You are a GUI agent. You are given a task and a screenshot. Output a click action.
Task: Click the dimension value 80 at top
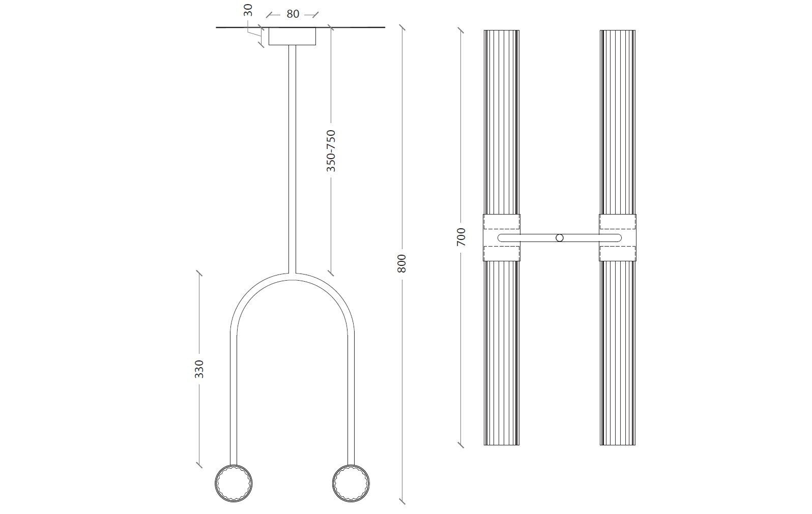click(x=293, y=14)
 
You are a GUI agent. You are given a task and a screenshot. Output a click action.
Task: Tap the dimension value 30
click(x=248, y=11)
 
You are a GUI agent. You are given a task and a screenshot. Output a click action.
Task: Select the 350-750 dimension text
click(x=331, y=151)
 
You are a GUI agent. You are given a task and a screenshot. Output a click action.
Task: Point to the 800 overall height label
click(x=401, y=263)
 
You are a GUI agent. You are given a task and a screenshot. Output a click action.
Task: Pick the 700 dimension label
click(x=461, y=237)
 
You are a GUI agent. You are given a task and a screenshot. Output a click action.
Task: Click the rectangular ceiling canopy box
click(x=292, y=36)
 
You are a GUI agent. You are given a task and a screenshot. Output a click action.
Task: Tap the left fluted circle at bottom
click(x=235, y=482)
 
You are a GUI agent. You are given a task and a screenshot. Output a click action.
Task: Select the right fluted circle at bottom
click(x=351, y=482)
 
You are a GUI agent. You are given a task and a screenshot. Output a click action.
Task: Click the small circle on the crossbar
click(x=560, y=238)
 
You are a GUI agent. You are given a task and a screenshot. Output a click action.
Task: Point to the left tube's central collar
click(x=501, y=237)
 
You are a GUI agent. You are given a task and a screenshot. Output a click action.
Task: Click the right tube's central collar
click(x=618, y=237)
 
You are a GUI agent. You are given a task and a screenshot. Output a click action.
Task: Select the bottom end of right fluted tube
click(x=618, y=443)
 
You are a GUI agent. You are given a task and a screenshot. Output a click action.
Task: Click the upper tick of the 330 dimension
click(x=199, y=274)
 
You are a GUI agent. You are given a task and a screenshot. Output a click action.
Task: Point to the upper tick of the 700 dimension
click(x=461, y=31)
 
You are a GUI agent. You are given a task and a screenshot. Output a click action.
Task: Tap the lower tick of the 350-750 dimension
click(x=331, y=273)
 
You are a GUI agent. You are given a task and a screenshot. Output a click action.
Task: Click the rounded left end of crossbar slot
click(x=502, y=238)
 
